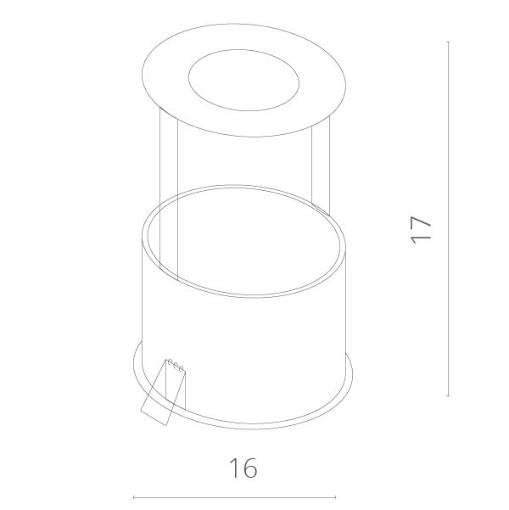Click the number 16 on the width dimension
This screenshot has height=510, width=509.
coord(243,468)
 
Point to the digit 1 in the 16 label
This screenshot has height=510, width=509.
coord(233,468)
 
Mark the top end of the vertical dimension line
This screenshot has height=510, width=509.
coord(448,42)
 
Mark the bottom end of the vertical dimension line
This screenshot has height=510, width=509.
coord(448,396)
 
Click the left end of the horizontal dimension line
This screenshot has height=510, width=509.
coord(134,497)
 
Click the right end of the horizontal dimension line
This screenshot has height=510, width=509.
coord(336,497)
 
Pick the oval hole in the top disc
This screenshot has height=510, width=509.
coord(243,83)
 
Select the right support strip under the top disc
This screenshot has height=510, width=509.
coord(322,170)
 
